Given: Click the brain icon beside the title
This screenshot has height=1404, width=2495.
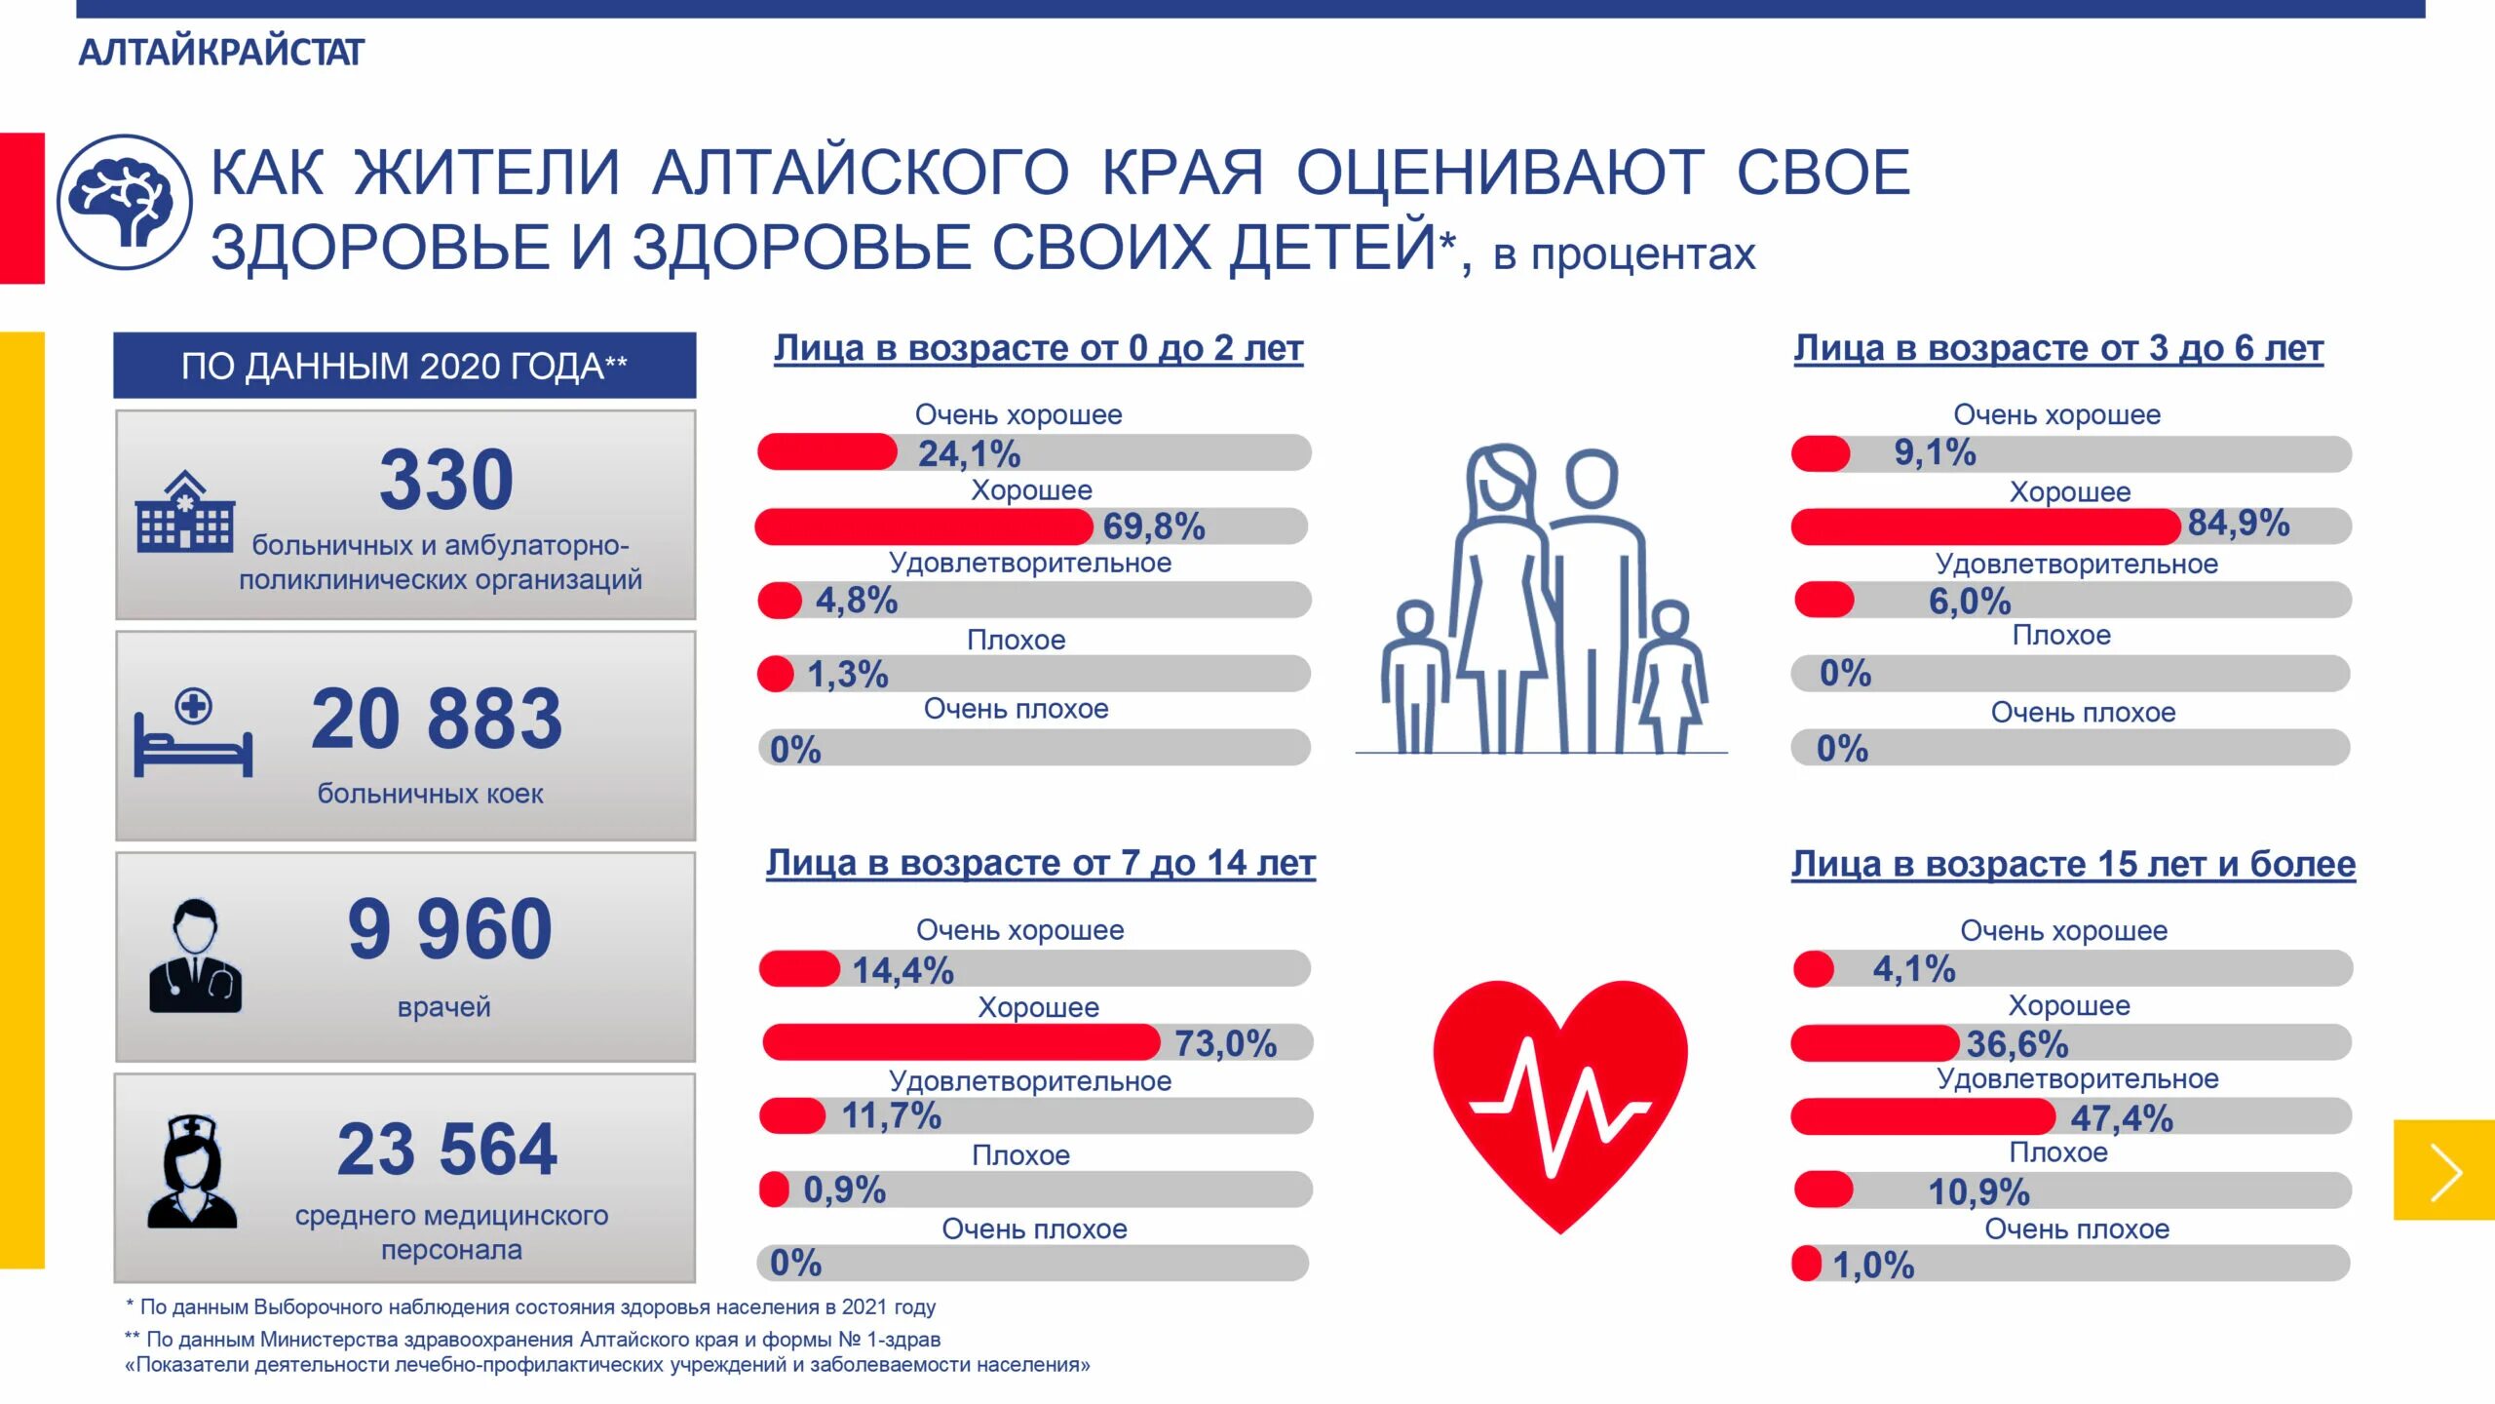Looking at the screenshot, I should click(x=125, y=203).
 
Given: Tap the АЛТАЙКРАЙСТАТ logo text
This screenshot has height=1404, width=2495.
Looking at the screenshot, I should click(x=221, y=52).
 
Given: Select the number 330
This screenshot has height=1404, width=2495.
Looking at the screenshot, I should click(x=446, y=480).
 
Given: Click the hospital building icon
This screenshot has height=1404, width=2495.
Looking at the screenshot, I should click(x=185, y=513).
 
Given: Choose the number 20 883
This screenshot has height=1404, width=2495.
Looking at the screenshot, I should click(x=437, y=720).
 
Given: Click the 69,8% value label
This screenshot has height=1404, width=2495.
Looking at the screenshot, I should click(x=1154, y=526).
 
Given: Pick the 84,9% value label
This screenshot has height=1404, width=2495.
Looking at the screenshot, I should click(x=2238, y=524).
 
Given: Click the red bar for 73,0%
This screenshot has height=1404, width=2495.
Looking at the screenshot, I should click(x=961, y=1042).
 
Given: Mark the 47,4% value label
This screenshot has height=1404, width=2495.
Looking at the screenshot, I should click(x=2122, y=1118).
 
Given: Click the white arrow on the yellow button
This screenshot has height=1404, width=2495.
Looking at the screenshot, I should click(x=2446, y=1171).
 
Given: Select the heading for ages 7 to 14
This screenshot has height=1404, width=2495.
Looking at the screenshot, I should click(x=1040, y=863).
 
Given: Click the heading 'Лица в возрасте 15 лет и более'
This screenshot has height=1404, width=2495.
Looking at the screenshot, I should click(x=2073, y=864).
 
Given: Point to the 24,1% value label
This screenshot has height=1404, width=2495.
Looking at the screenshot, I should click(x=969, y=453).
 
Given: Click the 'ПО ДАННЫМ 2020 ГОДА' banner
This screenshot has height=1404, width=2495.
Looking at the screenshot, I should click(x=404, y=366).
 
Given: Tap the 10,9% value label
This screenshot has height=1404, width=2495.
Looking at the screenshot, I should click(x=1978, y=1191).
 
